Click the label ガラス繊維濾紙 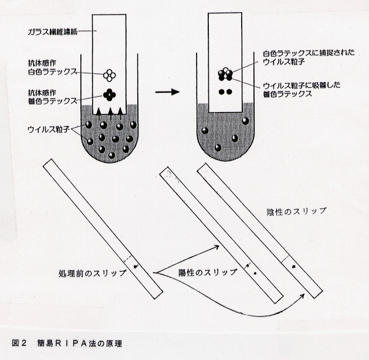point(52,32)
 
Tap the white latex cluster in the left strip point(110,75)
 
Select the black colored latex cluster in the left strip point(110,95)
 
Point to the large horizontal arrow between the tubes point(168,91)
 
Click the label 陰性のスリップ point(297,211)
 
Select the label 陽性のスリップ point(208,272)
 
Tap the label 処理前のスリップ point(93,273)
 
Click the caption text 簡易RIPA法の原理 point(79,344)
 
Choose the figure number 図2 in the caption point(18,344)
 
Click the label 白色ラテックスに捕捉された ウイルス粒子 point(309,57)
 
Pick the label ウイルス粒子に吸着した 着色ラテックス point(302,90)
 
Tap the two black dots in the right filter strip point(225,91)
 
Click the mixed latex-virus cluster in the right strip point(225,74)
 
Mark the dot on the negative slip point(293,266)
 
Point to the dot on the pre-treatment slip point(136,266)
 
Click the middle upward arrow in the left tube point(110,114)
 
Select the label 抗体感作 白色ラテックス point(52,67)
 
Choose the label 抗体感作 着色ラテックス point(52,97)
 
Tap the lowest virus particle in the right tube point(218,148)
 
